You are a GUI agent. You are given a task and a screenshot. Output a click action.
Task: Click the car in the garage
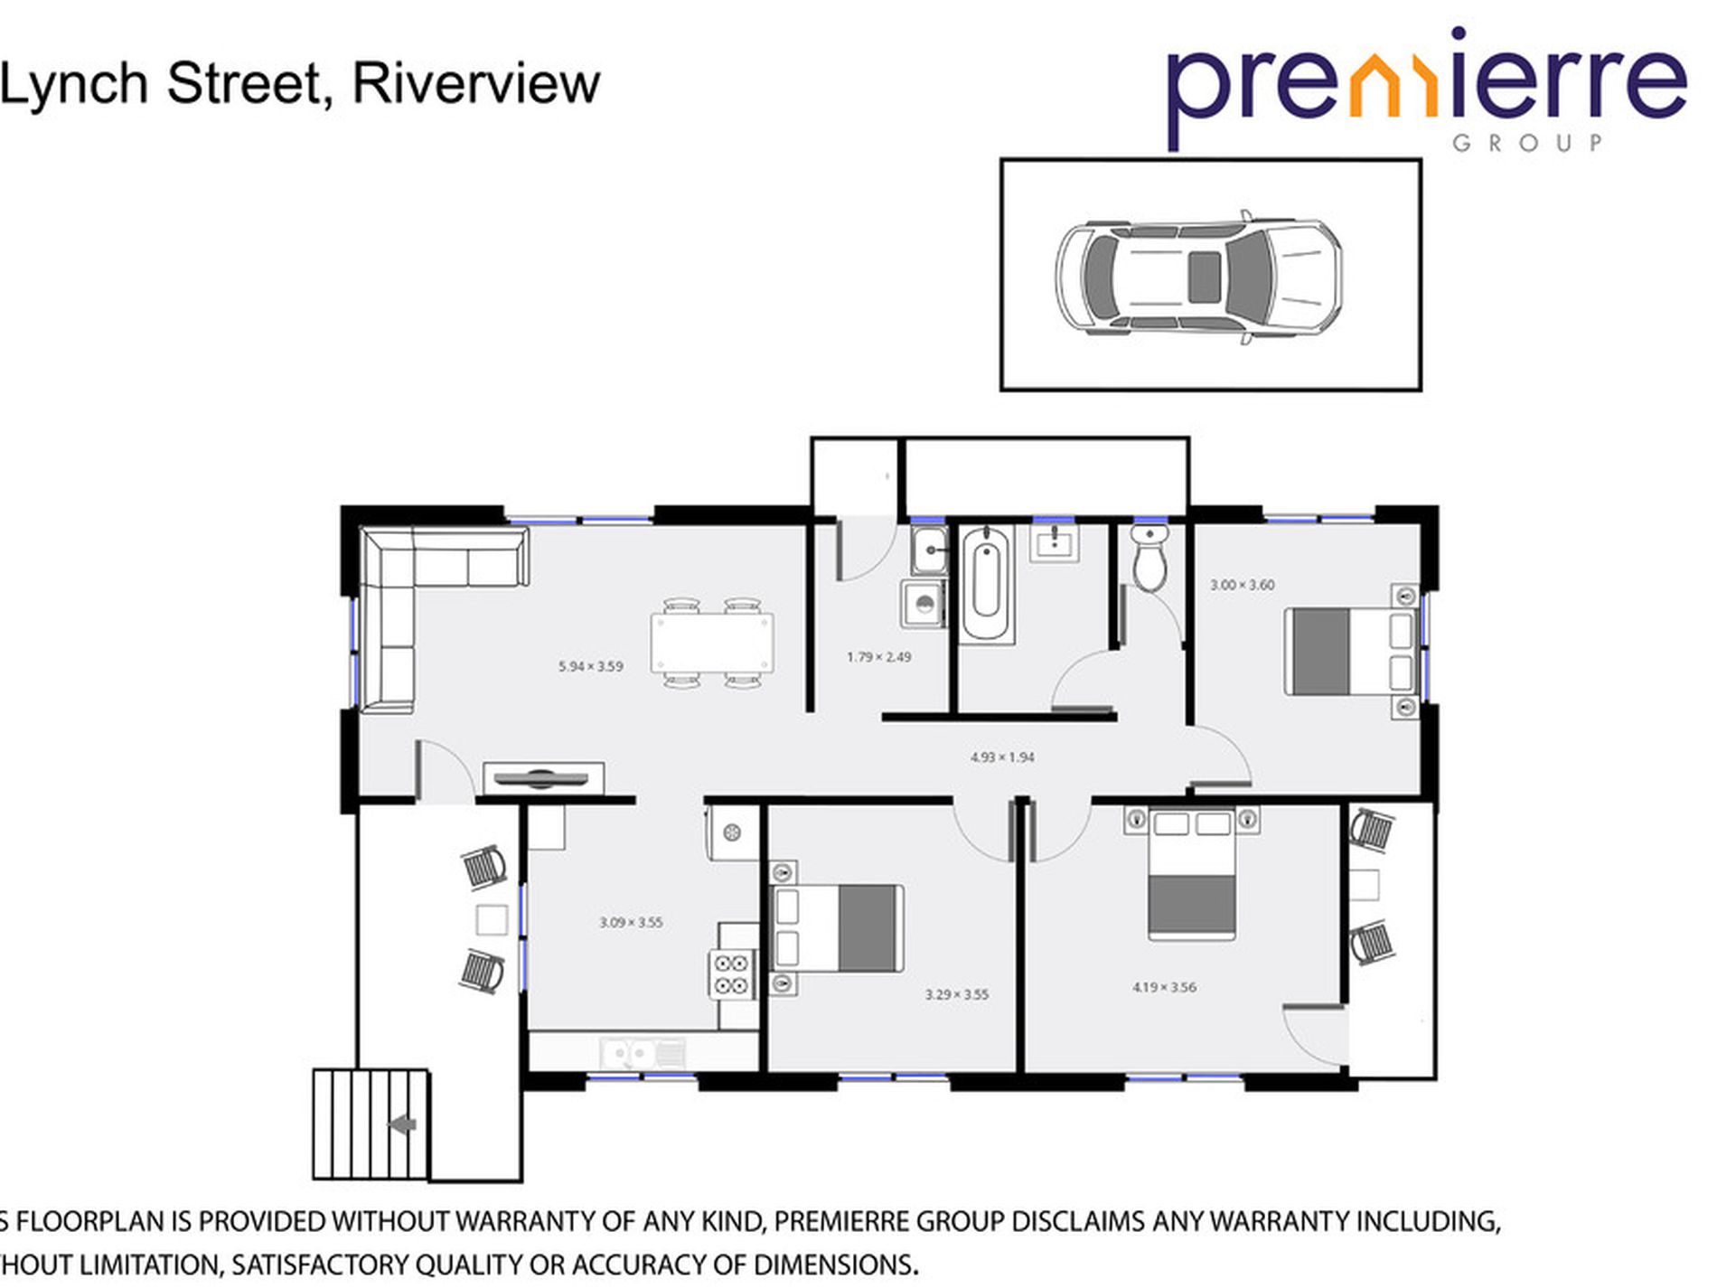pos(1198,277)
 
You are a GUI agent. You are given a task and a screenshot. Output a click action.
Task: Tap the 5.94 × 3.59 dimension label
pos(590,667)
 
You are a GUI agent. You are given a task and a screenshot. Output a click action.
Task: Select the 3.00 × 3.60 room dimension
pos(1242,585)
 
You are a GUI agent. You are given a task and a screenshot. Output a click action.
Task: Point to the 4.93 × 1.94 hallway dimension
pos(1001,757)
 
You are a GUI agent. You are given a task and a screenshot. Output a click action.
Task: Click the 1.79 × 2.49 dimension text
pos(878,657)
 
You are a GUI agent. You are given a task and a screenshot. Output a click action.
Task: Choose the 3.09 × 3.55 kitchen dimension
pos(631,923)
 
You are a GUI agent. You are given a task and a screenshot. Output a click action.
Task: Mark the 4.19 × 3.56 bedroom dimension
pos(1164,987)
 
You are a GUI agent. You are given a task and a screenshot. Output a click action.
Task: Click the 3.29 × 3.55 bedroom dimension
pos(956,994)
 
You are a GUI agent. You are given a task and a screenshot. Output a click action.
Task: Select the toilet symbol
pos(1150,559)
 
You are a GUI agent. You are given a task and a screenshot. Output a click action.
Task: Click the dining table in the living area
pos(712,643)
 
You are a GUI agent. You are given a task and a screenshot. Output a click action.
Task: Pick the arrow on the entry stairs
pos(402,1124)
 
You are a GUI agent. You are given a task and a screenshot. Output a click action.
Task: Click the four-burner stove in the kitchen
pos(732,974)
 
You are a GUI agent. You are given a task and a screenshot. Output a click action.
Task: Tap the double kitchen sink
pos(642,1053)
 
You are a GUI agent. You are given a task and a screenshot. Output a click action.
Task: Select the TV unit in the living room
pos(543,777)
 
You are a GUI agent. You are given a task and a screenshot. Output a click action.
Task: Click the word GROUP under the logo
pos(1527,143)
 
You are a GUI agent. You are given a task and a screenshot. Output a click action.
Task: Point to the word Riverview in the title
pos(476,84)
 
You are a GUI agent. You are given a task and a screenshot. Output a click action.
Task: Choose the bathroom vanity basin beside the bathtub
pos(1055,544)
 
